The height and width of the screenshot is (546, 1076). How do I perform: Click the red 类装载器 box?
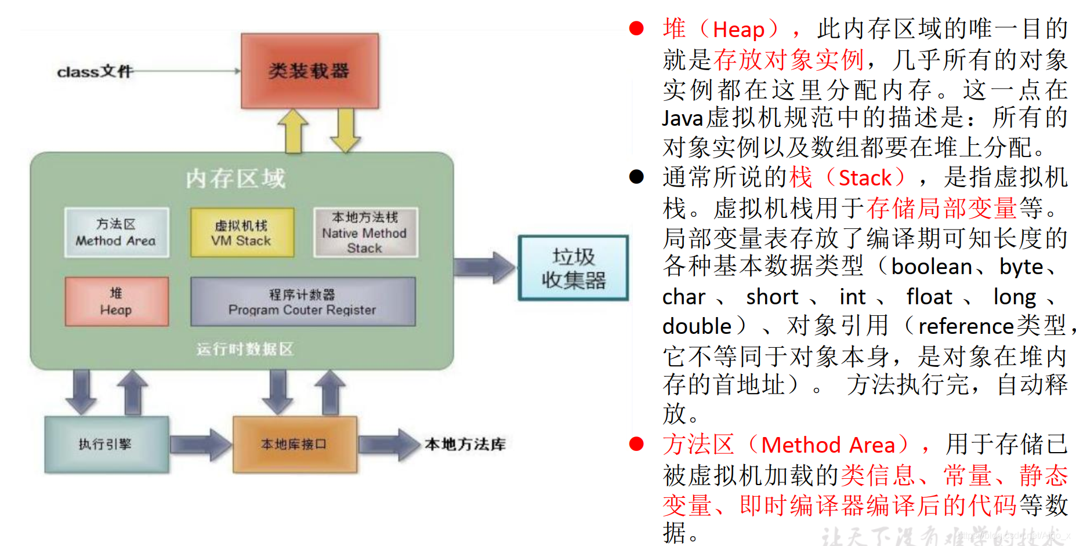(x=309, y=71)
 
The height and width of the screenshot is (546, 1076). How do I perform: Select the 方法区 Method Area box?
(x=116, y=232)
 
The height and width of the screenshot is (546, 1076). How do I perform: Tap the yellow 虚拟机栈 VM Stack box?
(x=242, y=233)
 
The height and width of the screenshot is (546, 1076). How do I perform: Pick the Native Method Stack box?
(x=365, y=232)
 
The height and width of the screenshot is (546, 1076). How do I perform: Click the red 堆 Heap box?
(x=117, y=301)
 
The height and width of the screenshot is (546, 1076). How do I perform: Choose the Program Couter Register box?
(x=302, y=301)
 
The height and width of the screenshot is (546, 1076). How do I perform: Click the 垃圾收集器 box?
(x=573, y=268)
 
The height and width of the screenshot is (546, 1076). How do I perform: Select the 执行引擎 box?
(x=106, y=444)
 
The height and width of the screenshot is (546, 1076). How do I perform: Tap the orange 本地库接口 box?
(x=294, y=444)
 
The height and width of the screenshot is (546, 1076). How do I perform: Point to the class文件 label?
(x=95, y=71)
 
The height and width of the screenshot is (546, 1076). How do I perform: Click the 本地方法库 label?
(x=465, y=445)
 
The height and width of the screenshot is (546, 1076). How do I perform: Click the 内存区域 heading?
(x=236, y=179)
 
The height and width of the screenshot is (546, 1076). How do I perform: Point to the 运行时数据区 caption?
(x=244, y=349)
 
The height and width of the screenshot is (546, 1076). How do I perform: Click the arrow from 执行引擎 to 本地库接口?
(x=200, y=445)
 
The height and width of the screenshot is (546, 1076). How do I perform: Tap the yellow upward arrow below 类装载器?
(x=294, y=132)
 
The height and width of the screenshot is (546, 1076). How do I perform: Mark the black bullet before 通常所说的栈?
(x=636, y=177)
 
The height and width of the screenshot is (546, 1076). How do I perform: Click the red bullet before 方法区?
(x=636, y=444)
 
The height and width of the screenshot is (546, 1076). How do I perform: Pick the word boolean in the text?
(x=931, y=267)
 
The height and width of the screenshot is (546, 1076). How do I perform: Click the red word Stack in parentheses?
(x=865, y=178)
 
